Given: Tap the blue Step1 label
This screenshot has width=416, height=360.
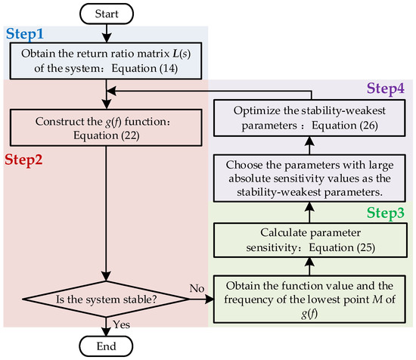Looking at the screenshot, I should click(26, 34).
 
